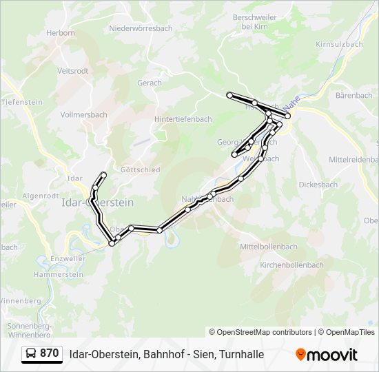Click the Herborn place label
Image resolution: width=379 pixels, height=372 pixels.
coord(60,32)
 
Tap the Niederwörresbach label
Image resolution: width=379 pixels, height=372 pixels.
coord(140,29)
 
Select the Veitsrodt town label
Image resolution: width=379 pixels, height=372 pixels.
coord(73,70)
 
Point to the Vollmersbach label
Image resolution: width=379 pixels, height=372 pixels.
coord(84,114)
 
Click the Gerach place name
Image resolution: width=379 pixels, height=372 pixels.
coord(150,83)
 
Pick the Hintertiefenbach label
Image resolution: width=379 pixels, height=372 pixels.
coord(183,118)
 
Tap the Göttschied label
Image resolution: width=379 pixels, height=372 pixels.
coord(140,169)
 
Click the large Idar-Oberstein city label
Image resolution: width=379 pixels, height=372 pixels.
coord(97,203)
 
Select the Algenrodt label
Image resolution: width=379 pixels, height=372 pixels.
coord(40,196)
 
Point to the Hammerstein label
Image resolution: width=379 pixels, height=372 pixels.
coord(58,273)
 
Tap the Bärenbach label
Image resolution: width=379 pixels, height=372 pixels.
coord(354,95)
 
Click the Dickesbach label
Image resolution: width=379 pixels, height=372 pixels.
coord(318,185)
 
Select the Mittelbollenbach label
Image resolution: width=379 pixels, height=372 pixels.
coord(268,246)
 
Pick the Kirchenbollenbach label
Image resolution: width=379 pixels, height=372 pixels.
coord(291,265)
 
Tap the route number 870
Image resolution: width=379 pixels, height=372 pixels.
coord(50,353)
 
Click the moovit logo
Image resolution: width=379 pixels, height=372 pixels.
coord(327,354)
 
